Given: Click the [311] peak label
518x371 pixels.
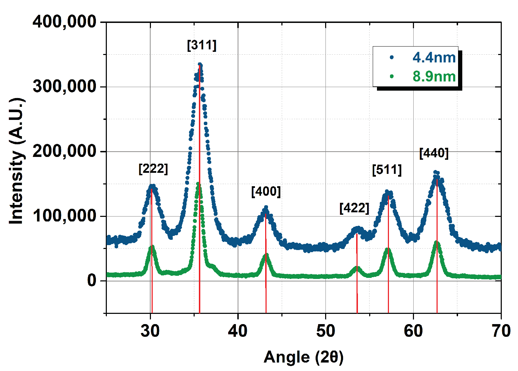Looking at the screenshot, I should point(202,45).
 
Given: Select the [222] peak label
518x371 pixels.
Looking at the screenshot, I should point(153,169).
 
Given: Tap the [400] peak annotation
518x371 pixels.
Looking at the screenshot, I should point(266,191).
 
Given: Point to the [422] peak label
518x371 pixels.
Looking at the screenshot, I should point(354,208).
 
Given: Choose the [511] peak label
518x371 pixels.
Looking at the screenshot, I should point(387,170).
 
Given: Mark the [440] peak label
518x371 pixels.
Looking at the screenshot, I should point(434,153).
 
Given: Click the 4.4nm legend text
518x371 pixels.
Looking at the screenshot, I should point(434,58).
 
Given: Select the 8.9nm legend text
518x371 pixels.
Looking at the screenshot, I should point(434,77).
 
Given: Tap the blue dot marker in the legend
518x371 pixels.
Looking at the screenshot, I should point(392,57).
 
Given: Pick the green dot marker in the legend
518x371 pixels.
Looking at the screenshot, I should point(392,77).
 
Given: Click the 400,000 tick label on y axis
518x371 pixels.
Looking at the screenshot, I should point(65,22).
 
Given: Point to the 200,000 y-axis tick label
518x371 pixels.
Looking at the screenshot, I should point(65,151).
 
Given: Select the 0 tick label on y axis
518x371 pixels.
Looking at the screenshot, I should point(92,281).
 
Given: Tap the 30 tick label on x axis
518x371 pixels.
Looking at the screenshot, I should point(150,331).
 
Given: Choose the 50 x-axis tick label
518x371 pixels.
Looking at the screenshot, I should point(325,331).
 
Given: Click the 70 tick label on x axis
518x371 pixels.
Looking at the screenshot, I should point(501,331).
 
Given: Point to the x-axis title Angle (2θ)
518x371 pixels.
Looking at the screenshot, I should point(303,357).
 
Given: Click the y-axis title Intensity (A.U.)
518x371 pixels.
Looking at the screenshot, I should point(16,161).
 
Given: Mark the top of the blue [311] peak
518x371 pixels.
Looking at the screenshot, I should point(200,65).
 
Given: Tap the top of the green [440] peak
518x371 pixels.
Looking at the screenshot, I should point(437,242).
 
